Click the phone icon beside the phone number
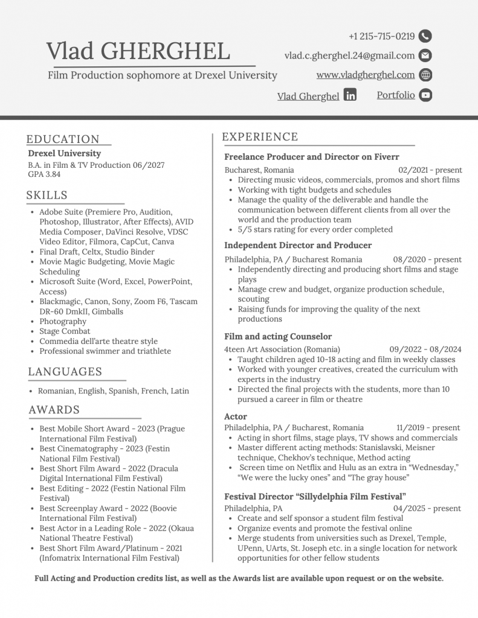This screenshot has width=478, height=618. [425, 36]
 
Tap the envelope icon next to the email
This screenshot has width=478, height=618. [425, 56]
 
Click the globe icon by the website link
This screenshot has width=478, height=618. [425, 75]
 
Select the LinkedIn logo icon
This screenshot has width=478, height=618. [350, 95]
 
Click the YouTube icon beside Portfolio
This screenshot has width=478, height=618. [425, 95]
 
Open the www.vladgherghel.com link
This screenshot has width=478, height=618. [365, 75]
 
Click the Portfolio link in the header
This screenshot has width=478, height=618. [396, 95]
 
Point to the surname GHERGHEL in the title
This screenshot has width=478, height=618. [166, 51]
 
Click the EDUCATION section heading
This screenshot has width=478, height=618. [63, 139]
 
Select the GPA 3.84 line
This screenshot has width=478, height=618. [44, 174]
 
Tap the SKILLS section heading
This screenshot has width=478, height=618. [47, 195]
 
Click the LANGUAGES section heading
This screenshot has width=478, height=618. [65, 371]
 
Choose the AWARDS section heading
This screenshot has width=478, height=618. [54, 410]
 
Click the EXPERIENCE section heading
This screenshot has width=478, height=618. [260, 137]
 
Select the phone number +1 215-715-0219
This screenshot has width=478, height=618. [381, 36]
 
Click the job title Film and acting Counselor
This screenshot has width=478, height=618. [278, 336]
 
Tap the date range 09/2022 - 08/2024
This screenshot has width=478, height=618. [425, 349]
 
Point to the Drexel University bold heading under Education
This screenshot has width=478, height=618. [65, 153]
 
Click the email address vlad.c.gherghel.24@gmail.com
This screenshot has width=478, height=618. [349, 56]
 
